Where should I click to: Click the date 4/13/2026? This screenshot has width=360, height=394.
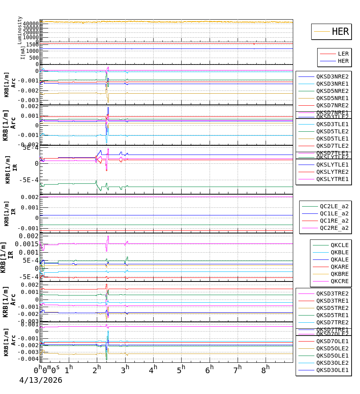click(41, 380)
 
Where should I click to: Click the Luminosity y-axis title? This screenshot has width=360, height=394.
click(20, 30)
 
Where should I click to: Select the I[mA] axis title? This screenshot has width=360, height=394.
click(23, 52)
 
